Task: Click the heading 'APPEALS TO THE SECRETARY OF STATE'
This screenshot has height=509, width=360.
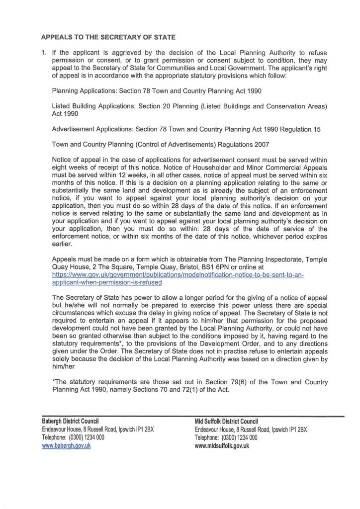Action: click(108, 37)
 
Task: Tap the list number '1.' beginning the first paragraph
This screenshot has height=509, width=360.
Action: click(43, 53)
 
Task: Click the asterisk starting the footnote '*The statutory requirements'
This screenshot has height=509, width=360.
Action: click(53, 382)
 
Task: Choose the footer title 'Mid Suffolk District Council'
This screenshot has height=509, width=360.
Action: click(226, 422)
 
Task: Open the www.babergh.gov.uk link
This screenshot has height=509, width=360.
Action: click(66, 446)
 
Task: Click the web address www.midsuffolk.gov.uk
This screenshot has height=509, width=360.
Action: click(222, 446)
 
